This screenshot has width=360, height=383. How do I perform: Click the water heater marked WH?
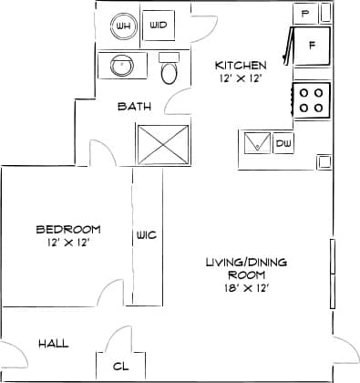(x=124, y=26)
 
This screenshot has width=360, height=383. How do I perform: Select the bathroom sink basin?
(x=119, y=67)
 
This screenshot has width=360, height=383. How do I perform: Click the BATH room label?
(x=135, y=107)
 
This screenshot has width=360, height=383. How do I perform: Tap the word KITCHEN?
(x=241, y=66)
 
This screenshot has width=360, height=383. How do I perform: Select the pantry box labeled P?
(x=304, y=15)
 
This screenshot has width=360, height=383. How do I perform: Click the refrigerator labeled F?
(x=311, y=46)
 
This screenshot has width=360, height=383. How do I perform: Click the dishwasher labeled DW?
(x=283, y=143)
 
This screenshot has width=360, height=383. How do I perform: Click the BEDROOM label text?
(x=68, y=230)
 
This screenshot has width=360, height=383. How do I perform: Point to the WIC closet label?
(x=146, y=235)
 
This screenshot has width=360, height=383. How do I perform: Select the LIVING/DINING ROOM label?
(x=245, y=268)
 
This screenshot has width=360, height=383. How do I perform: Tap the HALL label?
(x=54, y=344)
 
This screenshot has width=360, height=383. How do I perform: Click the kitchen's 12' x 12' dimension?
(x=240, y=79)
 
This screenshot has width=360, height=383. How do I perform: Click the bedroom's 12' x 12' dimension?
(x=68, y=243)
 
